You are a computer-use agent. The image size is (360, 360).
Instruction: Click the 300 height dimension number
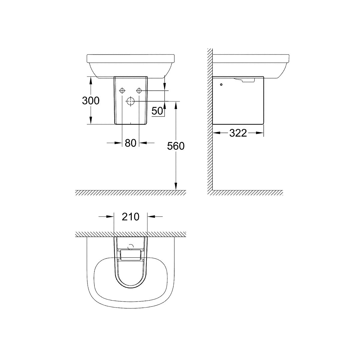coord(91,100)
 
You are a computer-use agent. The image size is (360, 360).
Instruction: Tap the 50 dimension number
coord(157,111)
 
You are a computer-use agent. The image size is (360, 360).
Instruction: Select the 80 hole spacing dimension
coord(130,143)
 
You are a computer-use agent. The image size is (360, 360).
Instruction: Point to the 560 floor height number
coord(175,146)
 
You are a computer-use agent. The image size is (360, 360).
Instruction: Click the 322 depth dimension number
coord(238,133)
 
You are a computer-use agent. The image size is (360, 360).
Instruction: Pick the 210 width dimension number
coord(130,217)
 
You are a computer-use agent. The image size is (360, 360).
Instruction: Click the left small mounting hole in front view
coord(122,91)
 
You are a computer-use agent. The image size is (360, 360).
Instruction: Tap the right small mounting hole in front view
coord(139,91)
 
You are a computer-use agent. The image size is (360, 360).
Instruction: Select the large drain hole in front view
coord(130,101)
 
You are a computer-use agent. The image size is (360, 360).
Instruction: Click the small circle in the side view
coord(221,85)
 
